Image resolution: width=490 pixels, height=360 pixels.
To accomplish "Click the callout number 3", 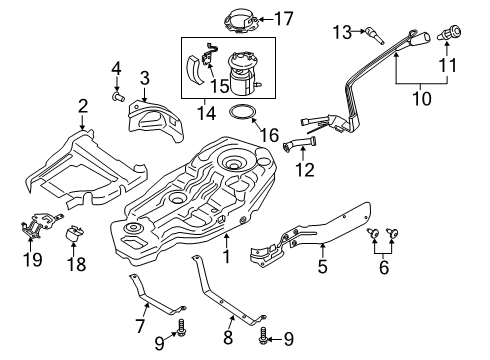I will pyautogui.click(x=144, y=77).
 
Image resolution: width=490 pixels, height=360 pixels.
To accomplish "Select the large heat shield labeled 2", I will pyautogui.click(x=80, y=165).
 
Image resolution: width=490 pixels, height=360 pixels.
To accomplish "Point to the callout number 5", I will pyautogui.click(x=322, y=268).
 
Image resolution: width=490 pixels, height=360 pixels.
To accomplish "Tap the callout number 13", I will pyautogui.click(x=340, y=33).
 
